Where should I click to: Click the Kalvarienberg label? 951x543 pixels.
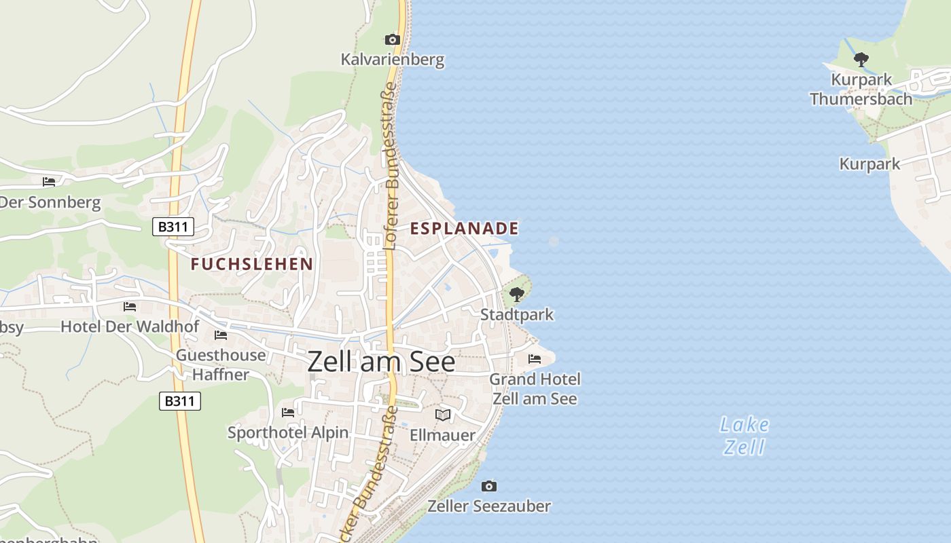click(x=393, y=60)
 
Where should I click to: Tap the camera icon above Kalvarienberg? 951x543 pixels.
click(x=393, y=39)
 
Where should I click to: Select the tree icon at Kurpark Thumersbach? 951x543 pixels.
click(x=861, y=60)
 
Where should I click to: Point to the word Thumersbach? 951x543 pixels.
click(x=861, y=99)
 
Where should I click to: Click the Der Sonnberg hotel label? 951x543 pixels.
click(x=50, y=202)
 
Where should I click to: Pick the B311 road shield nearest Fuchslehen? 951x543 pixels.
click(x=173, y=227)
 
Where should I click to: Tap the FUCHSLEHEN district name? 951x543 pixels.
click(x=252, y=264)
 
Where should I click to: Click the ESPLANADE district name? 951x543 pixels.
click(x=465, y=229)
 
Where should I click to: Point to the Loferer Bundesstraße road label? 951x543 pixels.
click(x=390, y=166)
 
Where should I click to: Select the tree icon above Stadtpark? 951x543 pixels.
click(x=517, y=295)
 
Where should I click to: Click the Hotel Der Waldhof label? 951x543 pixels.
click(x=130, y=326)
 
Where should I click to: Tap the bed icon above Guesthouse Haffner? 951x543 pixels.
click(x=221, y=335)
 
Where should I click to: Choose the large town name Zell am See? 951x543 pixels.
click(x=381, y=362)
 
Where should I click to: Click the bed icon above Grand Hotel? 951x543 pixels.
click(x=535, y=358)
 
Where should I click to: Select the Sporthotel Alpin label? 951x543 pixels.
click(x=288, y=432)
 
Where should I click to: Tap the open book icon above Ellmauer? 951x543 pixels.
click(x=443, y=414)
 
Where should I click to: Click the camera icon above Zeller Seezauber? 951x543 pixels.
click(x=489, y=486)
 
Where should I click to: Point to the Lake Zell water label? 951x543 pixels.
click(x=744, y=436)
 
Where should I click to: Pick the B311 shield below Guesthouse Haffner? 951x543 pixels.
click(x=180, y=401)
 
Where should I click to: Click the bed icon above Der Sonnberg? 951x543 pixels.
click(x=49, y=181)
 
